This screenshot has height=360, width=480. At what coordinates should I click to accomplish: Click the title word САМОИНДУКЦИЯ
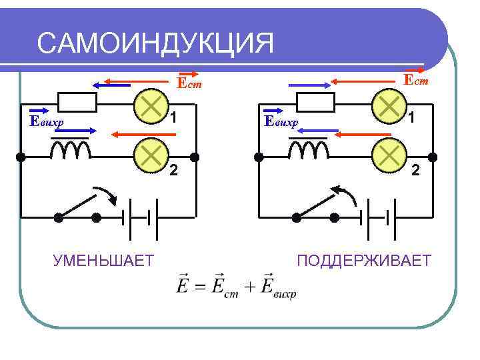[x=155, y=44]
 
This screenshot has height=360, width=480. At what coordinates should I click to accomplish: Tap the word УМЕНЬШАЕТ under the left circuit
[x=103, y=259]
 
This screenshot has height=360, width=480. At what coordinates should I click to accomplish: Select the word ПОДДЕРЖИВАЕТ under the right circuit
[x=365, y=259]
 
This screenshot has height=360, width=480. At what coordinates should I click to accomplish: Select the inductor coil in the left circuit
[x=71, y=150]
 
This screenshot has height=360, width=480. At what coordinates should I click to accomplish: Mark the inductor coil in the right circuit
[x=309, y=150]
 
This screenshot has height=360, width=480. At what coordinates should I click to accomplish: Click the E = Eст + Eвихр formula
[x=237, y=285]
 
